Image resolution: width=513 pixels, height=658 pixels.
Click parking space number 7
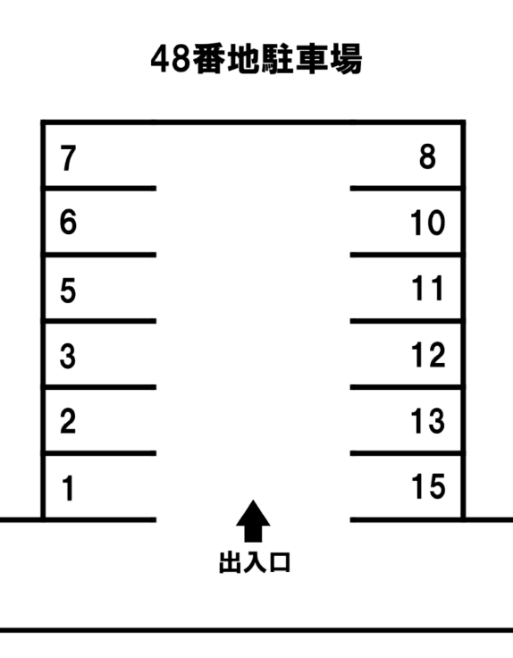point(69,158)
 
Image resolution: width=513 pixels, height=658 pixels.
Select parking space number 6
point(69,222)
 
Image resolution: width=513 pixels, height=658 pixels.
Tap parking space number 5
point(68,291)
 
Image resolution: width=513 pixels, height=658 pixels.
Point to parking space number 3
point(68,357)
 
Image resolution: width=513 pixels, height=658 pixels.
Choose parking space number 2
point(68,421)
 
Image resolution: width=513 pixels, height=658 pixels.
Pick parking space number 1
point(69,488)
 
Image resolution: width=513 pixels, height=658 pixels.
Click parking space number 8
point(427,157)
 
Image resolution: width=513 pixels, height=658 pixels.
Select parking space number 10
point(427,223)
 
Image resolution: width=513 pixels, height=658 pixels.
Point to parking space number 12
point(428,355)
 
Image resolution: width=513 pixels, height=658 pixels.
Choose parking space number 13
point(428,421)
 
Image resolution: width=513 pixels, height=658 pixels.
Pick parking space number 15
point(428,486)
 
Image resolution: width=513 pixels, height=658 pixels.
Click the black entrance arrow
point(253,521)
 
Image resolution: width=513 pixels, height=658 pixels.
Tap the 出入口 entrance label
point(255,562)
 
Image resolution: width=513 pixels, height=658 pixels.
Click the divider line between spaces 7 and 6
point(99,189)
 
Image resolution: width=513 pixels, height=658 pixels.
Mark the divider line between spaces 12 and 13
point(407,387)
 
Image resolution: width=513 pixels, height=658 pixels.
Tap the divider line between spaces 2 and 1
point(99,453)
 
